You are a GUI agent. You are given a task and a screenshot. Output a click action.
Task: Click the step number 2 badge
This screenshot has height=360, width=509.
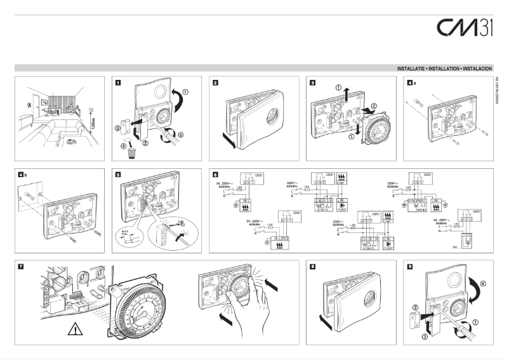click(216, 83)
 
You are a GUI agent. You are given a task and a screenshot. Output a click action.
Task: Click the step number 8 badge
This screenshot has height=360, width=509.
click(314, 266)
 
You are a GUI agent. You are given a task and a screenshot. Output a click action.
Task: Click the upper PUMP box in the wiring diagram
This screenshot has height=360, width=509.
click(342, 206)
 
